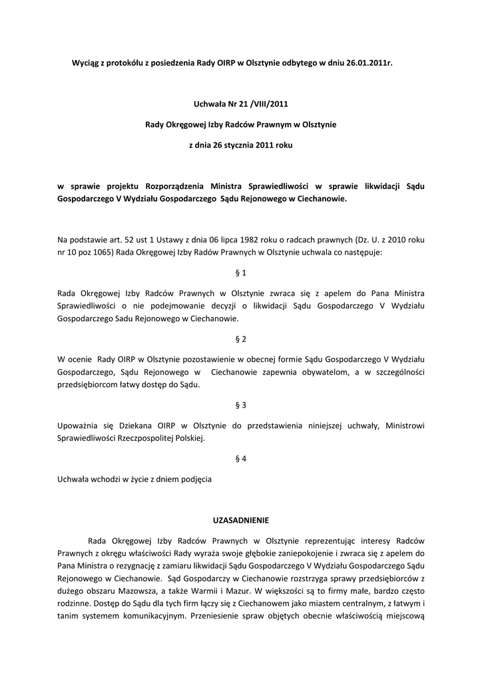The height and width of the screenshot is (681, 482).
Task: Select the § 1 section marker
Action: [x=241, y=273]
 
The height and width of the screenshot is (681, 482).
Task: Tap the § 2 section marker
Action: [x=241, y=339]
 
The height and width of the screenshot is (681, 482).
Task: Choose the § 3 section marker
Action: [x=241, y=404]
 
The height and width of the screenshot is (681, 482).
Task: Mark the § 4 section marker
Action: [x=241, y=458]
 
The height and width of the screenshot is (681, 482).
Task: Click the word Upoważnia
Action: [x=79, y=425]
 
